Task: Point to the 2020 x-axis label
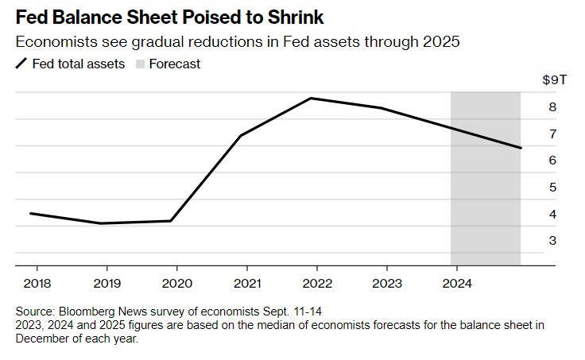click(x=177, y=283)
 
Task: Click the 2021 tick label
click(x=248, y=283)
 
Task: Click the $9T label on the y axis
click(x=553, y=80)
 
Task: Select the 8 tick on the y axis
click(x=552, y=107)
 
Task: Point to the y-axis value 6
click(x=552, y=161)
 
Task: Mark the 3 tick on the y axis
click(x=552, y=241)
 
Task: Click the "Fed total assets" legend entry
click(x=78, y=64)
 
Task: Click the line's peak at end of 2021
click(x=311, y=98)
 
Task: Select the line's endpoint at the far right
click(x=521, y=148)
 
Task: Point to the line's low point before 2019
click(x=101, y=223)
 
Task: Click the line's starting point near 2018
click(x=30, y=213)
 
